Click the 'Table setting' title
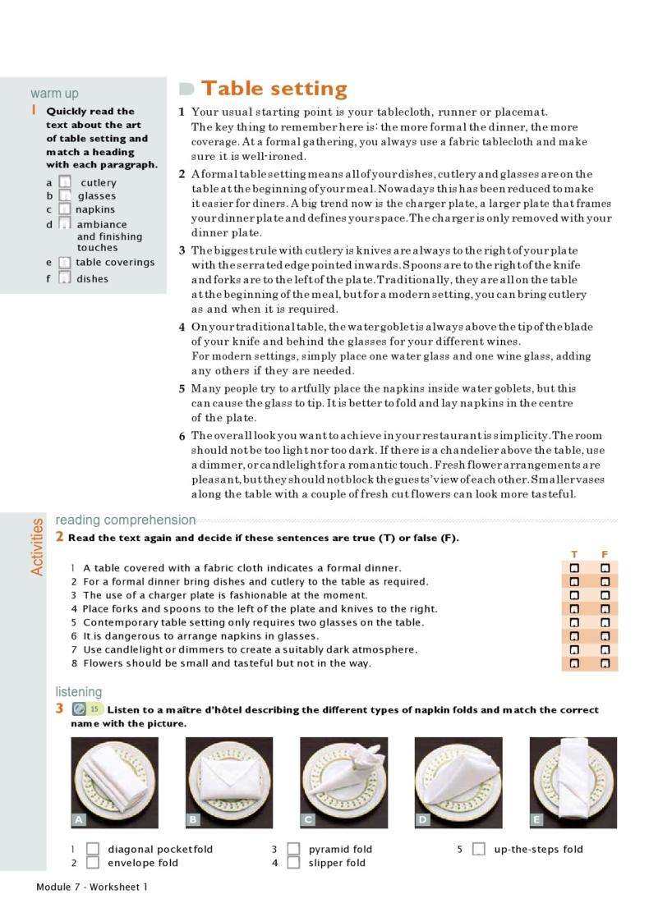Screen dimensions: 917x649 click(x=274, y=89)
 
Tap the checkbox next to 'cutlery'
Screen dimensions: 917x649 click(x=65, y=182)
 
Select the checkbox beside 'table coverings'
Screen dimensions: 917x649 click(x=65, y=263)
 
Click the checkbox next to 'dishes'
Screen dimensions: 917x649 click(x=65, y=278)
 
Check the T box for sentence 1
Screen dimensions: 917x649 click(x=574, y=567)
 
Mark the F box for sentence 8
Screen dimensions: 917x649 click(x=605, y=663)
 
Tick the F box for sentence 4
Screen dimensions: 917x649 click(x=605, y=608)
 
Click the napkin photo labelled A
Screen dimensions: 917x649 click(x=115, y=782)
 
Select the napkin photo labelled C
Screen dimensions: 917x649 click(x=343, y=782)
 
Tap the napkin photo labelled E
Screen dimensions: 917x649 click(x=573, y=782)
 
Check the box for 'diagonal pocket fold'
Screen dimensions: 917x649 click(x=93, y=849)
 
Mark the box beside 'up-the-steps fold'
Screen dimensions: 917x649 click(x=479, y=849)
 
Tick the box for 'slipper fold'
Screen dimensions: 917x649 click(x=293, y=863)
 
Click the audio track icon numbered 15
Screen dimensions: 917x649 click(x=80, y=709)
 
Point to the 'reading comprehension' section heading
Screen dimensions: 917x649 click(x=126, y=520)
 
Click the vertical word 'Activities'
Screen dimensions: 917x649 click(x=37, y=547)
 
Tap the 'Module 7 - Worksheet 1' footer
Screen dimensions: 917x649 click(x=92, y=887)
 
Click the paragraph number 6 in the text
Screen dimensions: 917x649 click(x=182, y=436)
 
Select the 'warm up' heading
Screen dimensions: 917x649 click(x=54, y=94)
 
